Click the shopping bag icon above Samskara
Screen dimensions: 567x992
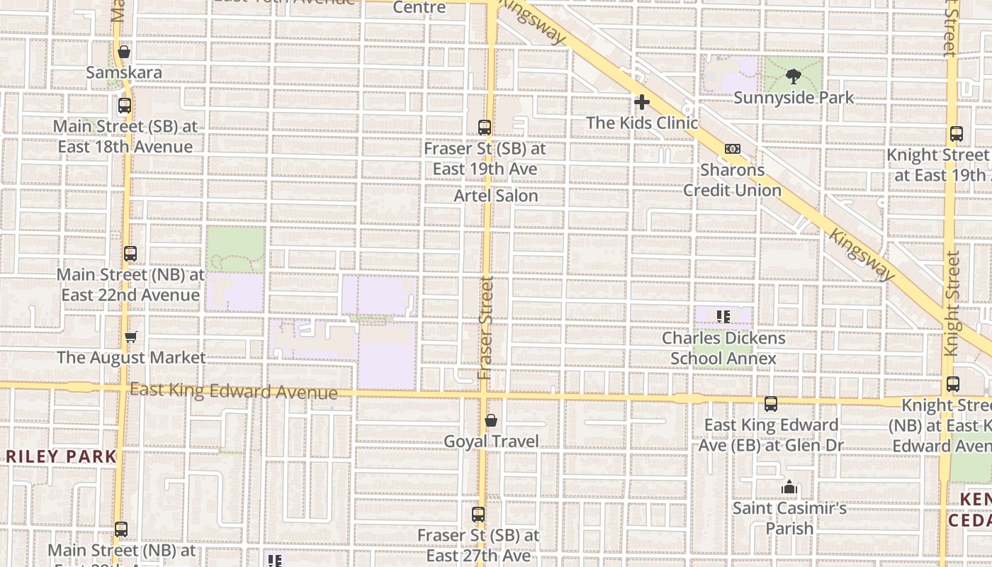(x=124, y=52)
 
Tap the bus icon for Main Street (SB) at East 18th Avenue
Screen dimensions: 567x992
(x=125, y=106)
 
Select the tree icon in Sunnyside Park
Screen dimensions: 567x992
(x=793, y=76)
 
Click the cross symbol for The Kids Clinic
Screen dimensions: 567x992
(x=642, y=102)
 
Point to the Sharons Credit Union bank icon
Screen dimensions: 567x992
(x=733, y=149)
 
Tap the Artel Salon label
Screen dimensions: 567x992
(x=496, y=196)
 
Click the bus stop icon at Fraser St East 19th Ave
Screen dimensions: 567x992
(x=485, y=128)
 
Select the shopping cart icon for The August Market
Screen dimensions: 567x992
(x=130, y=337)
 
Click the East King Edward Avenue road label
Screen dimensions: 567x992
(x=234, y=391)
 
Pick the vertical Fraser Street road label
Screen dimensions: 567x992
(x=485, y=327)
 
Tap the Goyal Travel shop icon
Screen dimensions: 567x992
(x=490, y=421)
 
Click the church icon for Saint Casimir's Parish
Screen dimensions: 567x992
(x=789, y=488)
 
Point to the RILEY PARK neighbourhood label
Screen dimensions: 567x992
(x=61, y=456)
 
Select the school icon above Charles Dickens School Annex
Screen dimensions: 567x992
(x=723, y=317)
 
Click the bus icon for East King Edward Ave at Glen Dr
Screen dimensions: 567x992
(x=771, y=404)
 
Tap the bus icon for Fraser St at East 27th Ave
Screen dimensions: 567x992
(x=479, y=515)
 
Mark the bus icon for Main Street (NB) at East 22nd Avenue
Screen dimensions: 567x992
(x=130, y=254)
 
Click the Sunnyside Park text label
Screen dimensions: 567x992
(x=794, y=98)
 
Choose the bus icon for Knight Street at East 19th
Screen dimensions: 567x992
(x=957, y=134)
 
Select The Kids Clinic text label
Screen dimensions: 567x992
(x=642, y=123)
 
